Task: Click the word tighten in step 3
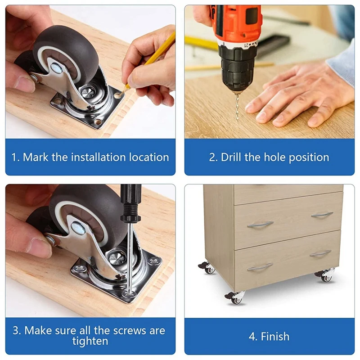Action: pos(90,342)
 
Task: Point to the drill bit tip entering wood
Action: pos(237,118)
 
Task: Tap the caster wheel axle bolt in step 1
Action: pos(56,68)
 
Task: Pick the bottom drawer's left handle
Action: pos(260,267)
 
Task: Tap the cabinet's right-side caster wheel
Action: pos(326,275)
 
